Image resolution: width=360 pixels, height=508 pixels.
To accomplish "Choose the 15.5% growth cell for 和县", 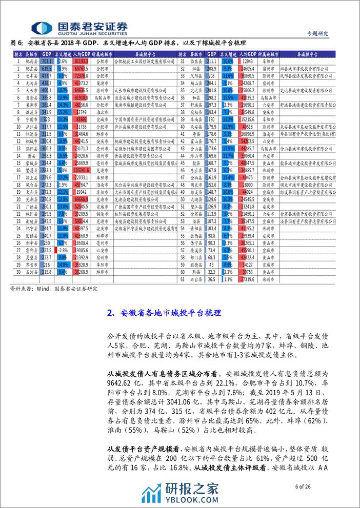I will coord(228,96).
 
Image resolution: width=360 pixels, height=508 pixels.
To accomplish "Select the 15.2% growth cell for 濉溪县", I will coord(63,111).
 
